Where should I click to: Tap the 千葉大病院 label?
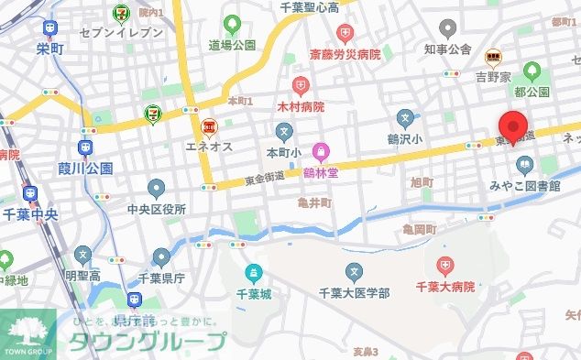click(445, 288)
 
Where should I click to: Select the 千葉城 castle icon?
click(255, 272)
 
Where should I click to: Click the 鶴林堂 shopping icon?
click(321, 150)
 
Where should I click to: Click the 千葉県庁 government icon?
click(161, 258)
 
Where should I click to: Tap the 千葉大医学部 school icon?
click(355, 271)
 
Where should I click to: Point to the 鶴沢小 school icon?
click(406, 117)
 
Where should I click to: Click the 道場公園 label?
click(231, 45)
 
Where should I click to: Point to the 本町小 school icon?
click(283, 127)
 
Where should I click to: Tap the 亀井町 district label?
click(314, 202)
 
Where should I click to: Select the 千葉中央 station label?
click(32, 213)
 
